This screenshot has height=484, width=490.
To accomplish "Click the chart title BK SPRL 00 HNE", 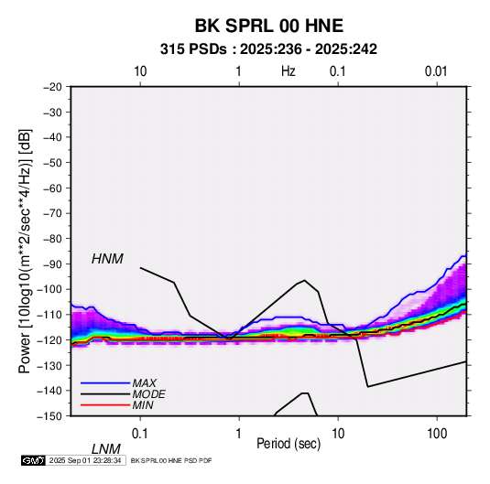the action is point(269,26).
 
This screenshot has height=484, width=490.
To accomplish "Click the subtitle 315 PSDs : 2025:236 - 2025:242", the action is point(268,49).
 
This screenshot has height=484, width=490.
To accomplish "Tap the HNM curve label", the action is point(107,259).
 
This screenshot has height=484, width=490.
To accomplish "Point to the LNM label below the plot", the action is point(105,449).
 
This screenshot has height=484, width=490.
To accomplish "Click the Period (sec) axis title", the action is point(289,444).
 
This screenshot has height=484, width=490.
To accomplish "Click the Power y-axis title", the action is point(25,251).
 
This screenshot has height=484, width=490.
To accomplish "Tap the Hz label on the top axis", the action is point(289,71).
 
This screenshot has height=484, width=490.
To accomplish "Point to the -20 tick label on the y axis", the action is point(52,87).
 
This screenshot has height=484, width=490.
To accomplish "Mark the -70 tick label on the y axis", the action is point(52,213).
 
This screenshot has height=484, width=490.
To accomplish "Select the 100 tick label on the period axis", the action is point(437,434).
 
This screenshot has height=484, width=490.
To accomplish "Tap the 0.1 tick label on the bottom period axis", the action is point(140,434).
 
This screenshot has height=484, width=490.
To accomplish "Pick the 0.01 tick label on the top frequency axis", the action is point(436,71).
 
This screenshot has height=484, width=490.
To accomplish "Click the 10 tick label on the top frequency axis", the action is point(140,71).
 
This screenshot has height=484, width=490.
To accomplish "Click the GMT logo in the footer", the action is point(34,460).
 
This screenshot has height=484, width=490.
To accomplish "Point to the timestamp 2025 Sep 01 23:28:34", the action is point(85,460).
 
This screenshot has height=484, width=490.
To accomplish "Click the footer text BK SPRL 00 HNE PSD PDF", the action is point(171,460).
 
